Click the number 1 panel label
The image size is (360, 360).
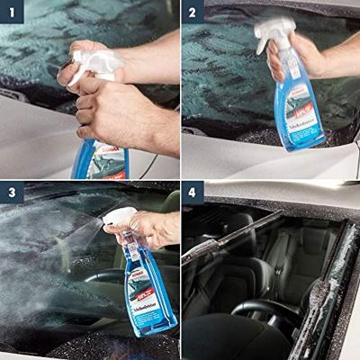pyautogui.click(x=13, y=13)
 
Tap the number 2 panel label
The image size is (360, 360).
pyautogui.click(x=193, y=13)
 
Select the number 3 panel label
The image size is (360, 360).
pyautogui.click(x=13, y=193)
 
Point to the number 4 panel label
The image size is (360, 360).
pyautogui.click(x=193, y=193)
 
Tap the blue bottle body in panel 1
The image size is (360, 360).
pyautogui.click(x=101, y=160)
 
